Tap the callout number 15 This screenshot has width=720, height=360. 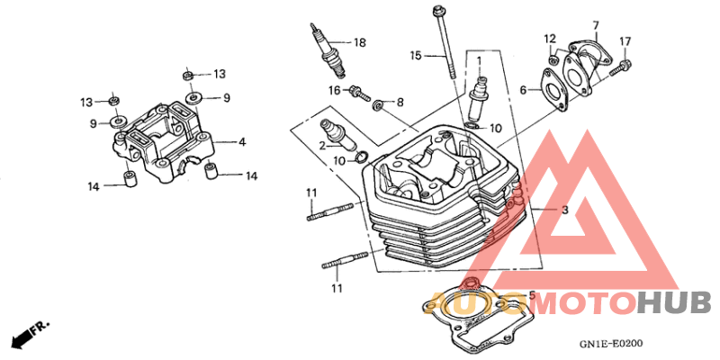click(416, 56)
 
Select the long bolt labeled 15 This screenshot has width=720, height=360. click(444, 41)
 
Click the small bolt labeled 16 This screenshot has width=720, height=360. click(359, 93)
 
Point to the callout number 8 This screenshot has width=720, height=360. click(400, 102)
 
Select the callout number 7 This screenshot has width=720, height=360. click(596, 25)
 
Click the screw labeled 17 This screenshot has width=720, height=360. click(619, 67)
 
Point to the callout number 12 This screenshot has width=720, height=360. click(550, 38)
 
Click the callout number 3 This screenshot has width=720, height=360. click(565, 211)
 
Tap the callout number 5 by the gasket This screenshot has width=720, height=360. click(532, 295)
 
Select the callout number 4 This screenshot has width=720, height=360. click(242, 142)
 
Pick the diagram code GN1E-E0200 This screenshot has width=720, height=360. click(611, 344)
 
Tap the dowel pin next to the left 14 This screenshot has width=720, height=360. click(130, 178)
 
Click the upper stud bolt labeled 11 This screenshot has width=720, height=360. click(330, 211)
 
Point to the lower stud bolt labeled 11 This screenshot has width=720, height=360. click(345, 260)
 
